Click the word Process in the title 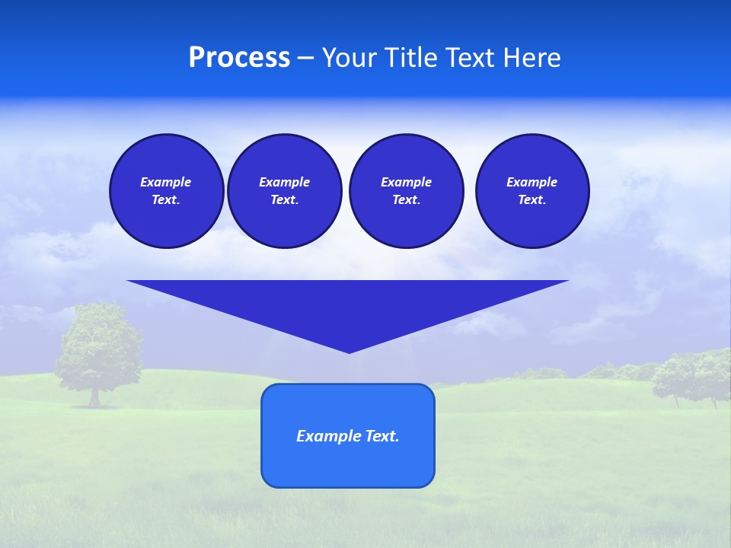(x=239, y=58)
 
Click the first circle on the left (x=166, y=191)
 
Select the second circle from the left (x=284, y=191)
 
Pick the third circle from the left (x=406, y=191)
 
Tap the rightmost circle (x=531, y=191)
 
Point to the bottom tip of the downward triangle (x=349, y=351)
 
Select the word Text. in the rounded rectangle (x=382, y=436)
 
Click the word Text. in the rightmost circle (x=531, y=200)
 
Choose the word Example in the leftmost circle (x=166, y=183)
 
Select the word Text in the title (x=468, y=58)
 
